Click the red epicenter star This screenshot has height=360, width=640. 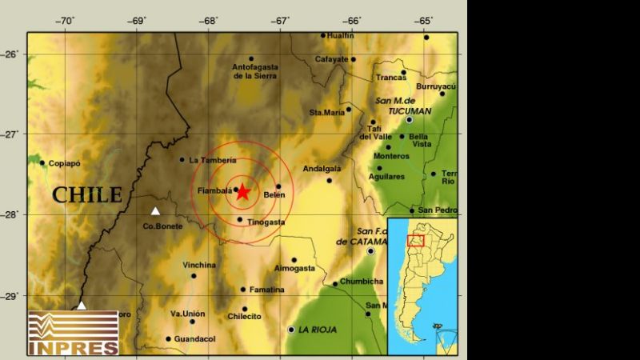tap(242, 192)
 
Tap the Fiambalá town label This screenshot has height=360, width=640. tap(214, 190)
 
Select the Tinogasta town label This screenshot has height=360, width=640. tap(265, 222)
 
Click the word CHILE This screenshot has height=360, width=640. tap(87, 194)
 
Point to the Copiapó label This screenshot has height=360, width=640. tap(65, 163)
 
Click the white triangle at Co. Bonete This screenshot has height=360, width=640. tap(155, 211)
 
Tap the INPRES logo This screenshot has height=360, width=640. tap(73, 333)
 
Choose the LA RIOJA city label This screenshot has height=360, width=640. tap(318, 330)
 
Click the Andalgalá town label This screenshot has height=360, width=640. tap(322, 169)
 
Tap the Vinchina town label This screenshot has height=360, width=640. tap(199, 265)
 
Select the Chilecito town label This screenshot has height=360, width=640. tap(245, 317)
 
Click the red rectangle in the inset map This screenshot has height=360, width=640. tap(415, 240)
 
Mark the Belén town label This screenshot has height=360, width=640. tap(274, 194)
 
